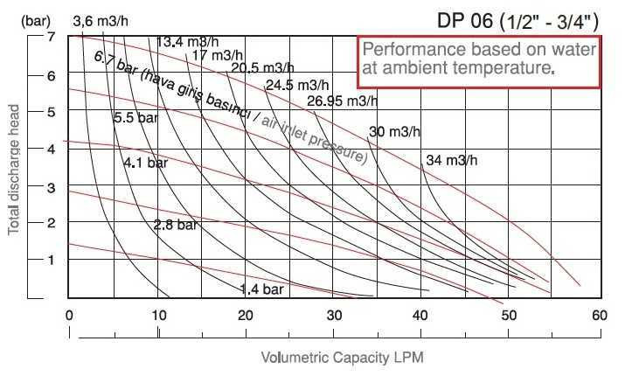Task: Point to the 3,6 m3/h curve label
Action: [99, 20]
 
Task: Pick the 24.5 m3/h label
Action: [297, 86]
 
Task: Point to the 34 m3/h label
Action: [452, 160]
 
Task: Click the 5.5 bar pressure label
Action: [135, 118]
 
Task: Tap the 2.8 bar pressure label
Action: [177, 225]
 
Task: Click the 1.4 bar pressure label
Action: [262, 289]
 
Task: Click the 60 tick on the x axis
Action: [599, 315]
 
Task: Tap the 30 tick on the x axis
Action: [334, 315]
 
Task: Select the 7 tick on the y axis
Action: [52, 38]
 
